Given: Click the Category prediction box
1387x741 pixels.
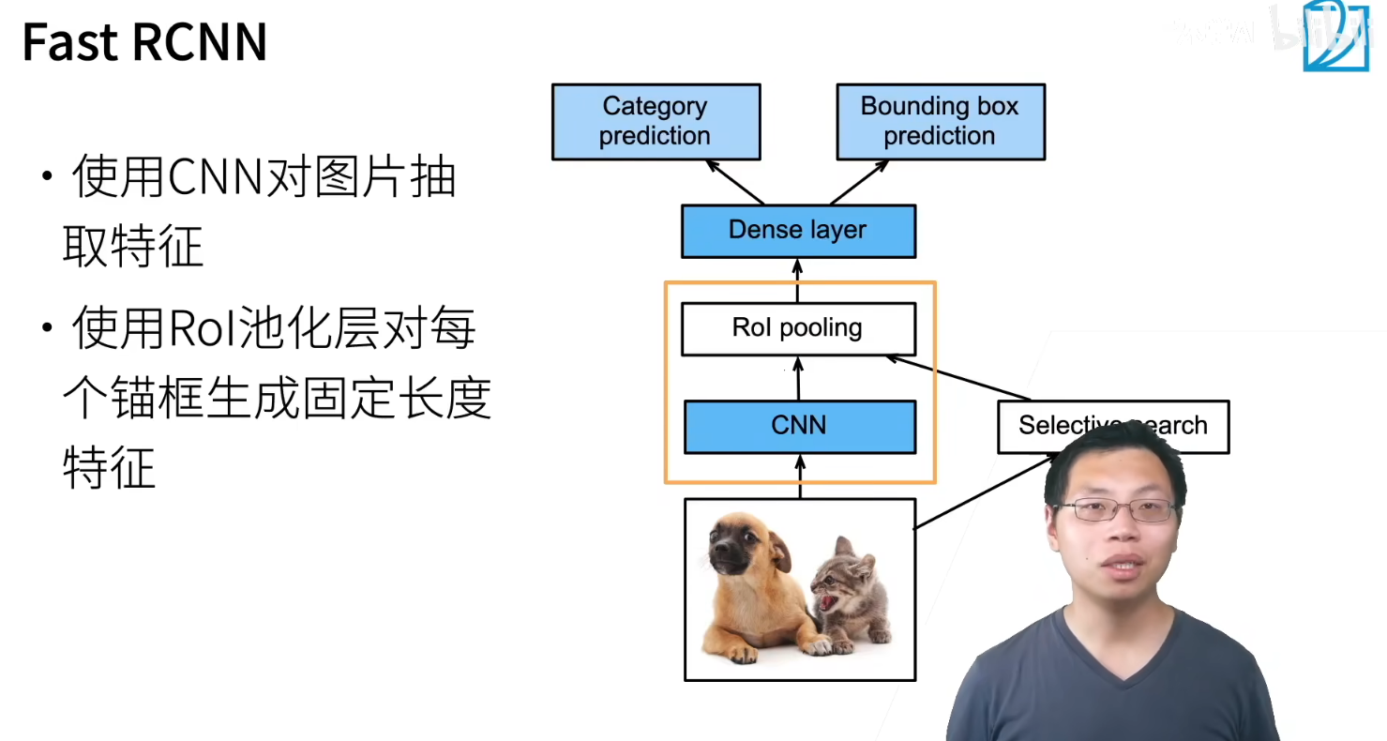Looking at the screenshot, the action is coord(656,122).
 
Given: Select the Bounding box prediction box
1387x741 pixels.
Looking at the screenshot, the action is coord(940,122).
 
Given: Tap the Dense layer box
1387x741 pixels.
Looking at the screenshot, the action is coord(798,231).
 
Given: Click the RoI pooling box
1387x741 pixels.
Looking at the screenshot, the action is coord(798,329).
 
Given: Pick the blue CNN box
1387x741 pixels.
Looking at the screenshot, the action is coord(799,427).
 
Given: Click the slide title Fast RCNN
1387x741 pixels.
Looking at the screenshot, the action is coord(144,43).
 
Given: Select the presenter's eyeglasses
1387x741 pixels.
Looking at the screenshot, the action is coord(1115,510).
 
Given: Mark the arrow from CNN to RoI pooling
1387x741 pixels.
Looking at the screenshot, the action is coord(799,378).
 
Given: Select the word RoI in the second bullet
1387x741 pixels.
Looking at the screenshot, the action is coord(211,329).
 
